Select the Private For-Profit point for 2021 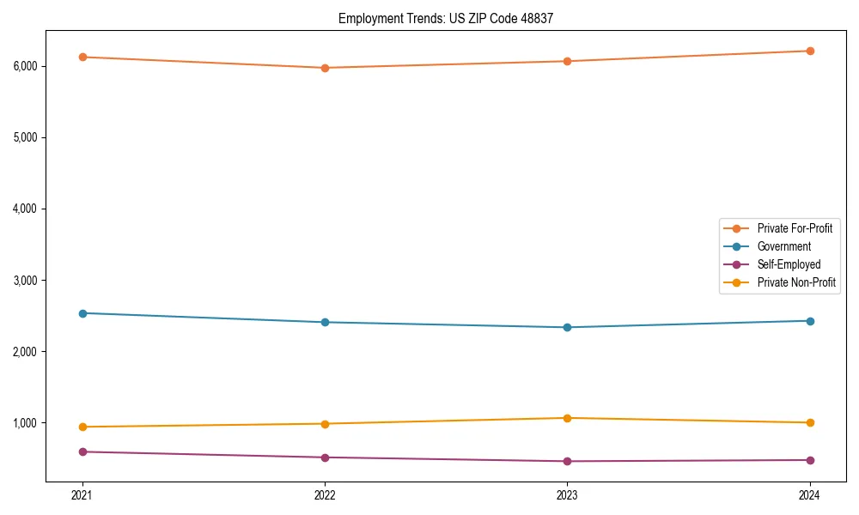coord(82,57)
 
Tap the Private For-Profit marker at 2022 coord(325,68)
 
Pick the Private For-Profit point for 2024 coord(810,51)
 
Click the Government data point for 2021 coord(82,313)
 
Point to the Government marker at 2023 coord(568,327)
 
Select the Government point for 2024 coord(810,321)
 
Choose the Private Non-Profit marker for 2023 coord(568,418)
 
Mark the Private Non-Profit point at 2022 coord(325,424)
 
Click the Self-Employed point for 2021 coord(82,451)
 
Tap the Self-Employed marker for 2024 coord(810,460)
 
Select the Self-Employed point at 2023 coord(568,462)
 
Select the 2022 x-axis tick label coord(325,495)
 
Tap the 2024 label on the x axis coord(810,495)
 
